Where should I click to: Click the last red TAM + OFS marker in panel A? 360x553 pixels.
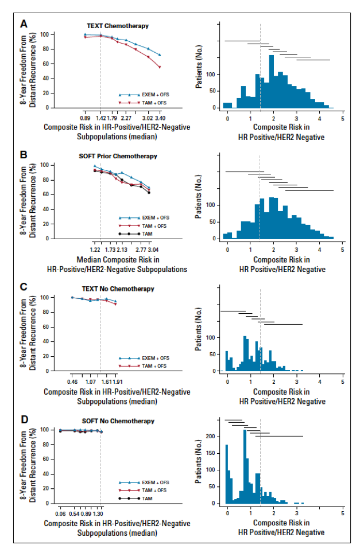[x=160, y=67]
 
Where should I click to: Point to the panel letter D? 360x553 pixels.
[x=23, y=420]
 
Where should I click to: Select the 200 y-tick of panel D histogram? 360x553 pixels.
[x=211, y=437]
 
